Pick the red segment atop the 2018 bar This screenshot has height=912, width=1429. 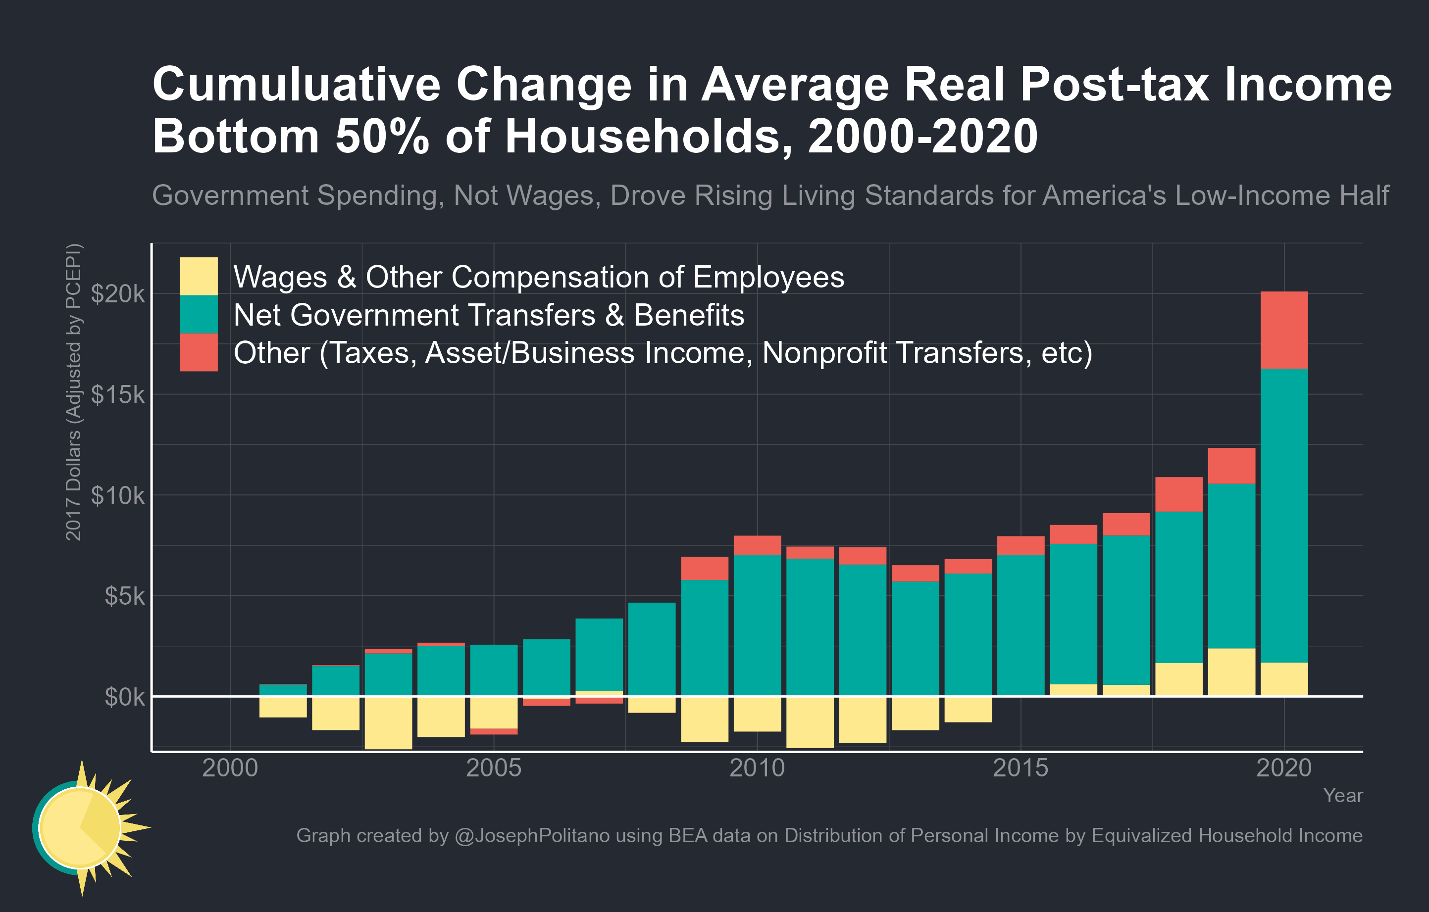[1178, 494]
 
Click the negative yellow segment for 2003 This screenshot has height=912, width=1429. [388, 722]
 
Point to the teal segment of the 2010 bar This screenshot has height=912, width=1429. [757, 624]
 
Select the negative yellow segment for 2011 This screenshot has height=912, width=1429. [810, 721]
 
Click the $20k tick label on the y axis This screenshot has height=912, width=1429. [117, 293]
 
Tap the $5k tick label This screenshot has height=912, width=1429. [124, 596]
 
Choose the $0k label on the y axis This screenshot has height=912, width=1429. [124, 697]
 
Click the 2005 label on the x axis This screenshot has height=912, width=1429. [493, 768]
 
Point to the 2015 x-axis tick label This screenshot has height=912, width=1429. [1020, 768]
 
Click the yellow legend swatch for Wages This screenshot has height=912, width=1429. [198, 276]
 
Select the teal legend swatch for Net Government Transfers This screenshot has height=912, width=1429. [198, 314]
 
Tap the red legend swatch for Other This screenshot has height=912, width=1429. [198, 352]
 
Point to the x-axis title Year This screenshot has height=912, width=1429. [1342, 795]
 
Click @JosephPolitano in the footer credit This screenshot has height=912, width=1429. [532, 835]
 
